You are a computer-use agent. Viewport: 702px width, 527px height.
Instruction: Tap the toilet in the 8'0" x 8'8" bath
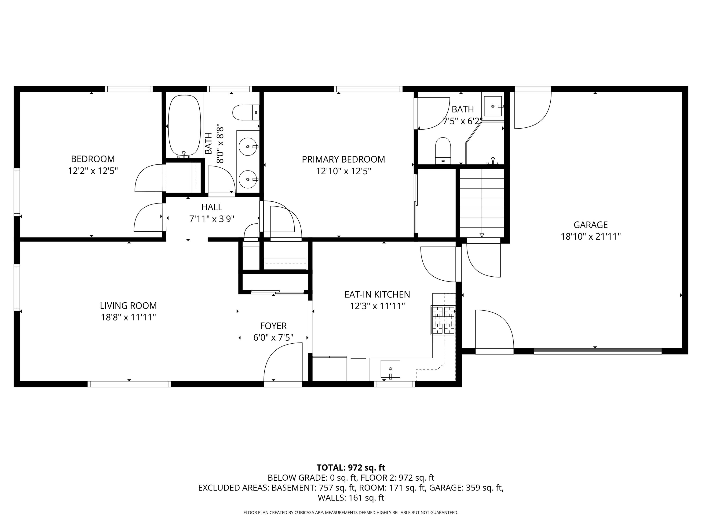246,112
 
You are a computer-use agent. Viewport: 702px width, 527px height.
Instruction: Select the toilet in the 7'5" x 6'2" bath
443,151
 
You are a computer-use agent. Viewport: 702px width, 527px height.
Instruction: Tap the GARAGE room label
590,225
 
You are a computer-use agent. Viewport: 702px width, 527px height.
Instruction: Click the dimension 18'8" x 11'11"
128,317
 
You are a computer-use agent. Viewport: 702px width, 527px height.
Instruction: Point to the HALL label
212,207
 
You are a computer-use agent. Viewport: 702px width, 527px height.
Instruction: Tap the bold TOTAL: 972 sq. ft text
351,468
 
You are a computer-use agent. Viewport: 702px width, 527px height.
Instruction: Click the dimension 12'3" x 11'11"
377,306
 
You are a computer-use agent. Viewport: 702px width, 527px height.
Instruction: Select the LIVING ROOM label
128,306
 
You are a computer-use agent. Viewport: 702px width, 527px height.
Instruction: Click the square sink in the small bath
493,106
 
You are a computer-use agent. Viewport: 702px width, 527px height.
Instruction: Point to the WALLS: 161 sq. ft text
351,498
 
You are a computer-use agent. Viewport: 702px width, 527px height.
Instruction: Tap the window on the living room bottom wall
129,384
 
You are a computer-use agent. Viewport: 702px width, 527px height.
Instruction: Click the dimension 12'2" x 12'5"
93,171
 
